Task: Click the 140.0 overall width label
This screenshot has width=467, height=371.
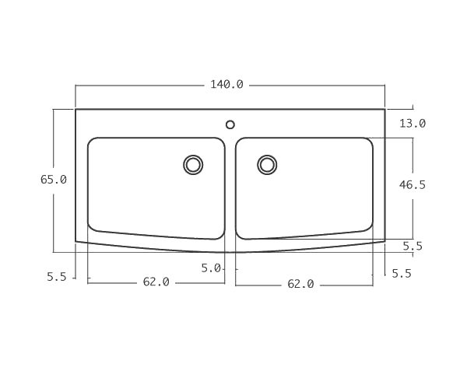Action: [226, 85]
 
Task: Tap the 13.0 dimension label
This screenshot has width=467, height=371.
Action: [412, 124]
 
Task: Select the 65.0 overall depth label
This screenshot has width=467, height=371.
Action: [54, 180]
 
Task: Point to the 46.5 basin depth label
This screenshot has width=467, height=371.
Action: [412, 185]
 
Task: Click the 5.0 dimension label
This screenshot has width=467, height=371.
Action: [210, 268]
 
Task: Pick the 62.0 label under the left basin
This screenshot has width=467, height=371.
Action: [156, 282]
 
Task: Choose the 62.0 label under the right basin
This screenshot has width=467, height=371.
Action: [300, 285]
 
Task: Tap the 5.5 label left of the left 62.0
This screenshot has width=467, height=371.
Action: [57, 276]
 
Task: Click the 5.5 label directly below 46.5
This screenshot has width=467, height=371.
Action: [412, 247]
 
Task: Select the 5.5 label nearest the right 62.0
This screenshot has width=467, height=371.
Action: [401, 273]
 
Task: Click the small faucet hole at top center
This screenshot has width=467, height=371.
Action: [230, 124]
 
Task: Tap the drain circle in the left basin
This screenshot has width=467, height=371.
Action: [193, 164]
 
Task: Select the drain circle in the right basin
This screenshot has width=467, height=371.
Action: [267, 164]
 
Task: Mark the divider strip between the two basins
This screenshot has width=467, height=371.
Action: [230, 187]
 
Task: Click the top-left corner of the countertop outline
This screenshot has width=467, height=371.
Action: [75, 110]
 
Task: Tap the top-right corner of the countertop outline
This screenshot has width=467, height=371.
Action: [384, 110]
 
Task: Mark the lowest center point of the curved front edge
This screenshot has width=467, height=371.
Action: [230, 253]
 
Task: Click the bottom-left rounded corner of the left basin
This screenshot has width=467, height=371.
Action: [93, 226]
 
